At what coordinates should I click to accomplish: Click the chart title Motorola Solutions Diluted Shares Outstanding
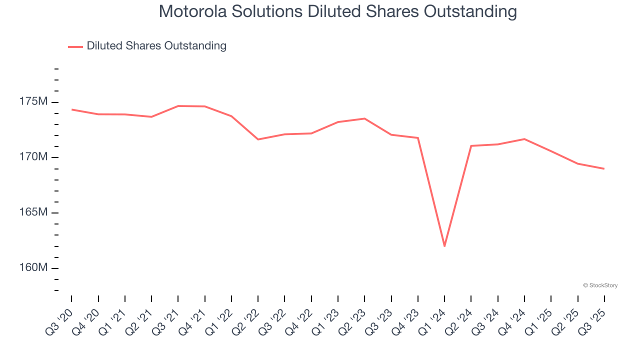coord(337,11)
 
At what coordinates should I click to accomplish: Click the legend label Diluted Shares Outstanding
coord(156,46)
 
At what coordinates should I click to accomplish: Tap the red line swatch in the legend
coord(75,46)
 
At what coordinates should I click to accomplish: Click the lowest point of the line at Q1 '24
coord(444,246)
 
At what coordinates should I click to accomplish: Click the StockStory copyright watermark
coord(600,285)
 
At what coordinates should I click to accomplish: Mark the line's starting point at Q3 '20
coord(72,109)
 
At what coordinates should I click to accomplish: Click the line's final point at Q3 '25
coord(604,168)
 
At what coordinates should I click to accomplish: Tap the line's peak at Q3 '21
coord(178,106)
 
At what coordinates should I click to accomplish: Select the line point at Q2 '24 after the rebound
coord(471,146)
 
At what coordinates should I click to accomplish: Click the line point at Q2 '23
coord(364,118)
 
